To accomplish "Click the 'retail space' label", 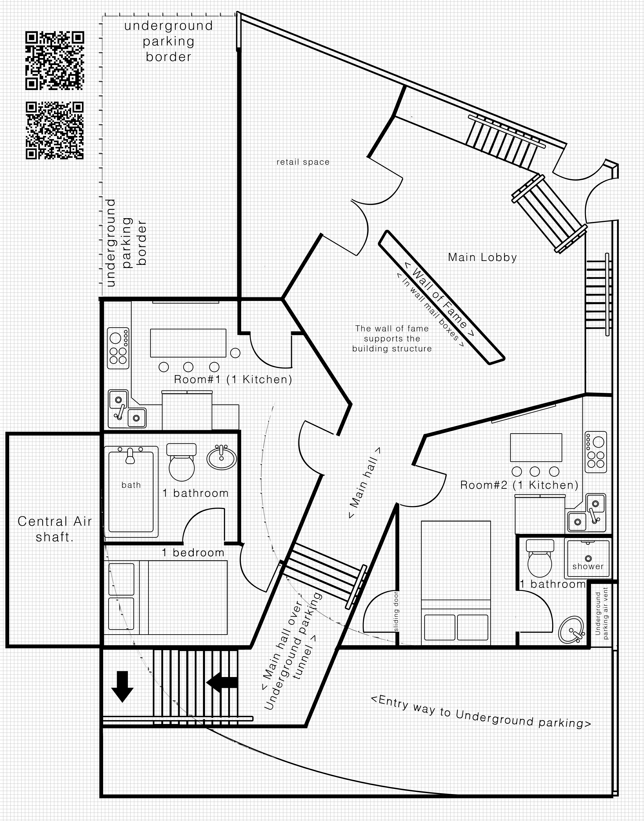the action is pyautogui.click(x=303, y=162).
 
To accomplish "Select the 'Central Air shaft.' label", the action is pyautogui.click(x=55, y=529).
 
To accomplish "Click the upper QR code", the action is pyautogui.click(x=55, y=61).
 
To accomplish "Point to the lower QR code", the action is pyautogui.click(x=55, y=131).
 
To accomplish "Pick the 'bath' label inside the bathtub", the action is pyautogui.click(x=131, y=485).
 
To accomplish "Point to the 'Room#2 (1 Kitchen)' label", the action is pyautogui.click(x=519, y=485).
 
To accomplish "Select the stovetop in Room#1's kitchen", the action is pyautogui.click(x=118, y=348).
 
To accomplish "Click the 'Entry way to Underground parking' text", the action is pyautogui.click(x=481, y=712).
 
